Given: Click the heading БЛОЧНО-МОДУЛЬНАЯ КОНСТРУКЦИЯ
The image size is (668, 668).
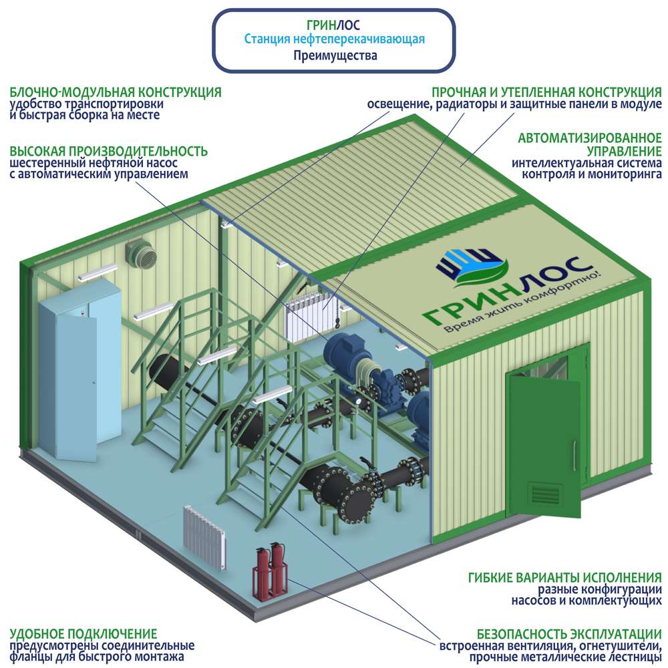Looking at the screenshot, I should (x=115, y=92).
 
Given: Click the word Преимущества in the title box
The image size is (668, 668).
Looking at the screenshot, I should (x=335, y=56).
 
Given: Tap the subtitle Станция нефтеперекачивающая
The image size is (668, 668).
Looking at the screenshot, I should (x=335, y=40).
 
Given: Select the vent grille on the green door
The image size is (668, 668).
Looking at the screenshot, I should (x=547, y=494).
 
